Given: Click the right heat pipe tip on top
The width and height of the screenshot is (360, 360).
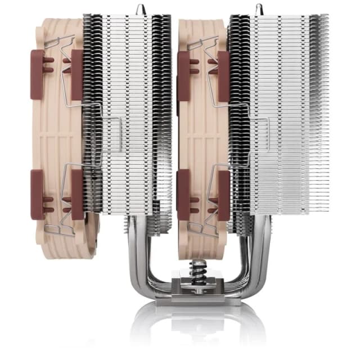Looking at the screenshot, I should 259,8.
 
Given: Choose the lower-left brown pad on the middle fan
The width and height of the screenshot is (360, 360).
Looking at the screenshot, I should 183,194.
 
